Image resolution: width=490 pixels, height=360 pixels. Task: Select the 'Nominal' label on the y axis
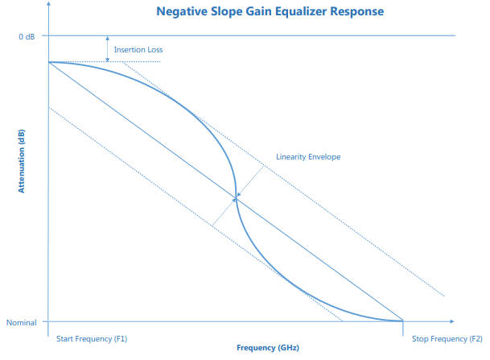[23, 322]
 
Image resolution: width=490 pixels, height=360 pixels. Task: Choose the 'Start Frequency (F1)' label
[92, 339]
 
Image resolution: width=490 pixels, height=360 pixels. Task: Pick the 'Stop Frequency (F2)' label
[447, 339]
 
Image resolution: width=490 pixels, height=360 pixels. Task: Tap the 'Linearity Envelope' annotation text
[309, 156]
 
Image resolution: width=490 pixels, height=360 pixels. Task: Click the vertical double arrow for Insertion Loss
[108, 48]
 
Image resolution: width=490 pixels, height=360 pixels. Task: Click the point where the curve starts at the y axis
[49, 62]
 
